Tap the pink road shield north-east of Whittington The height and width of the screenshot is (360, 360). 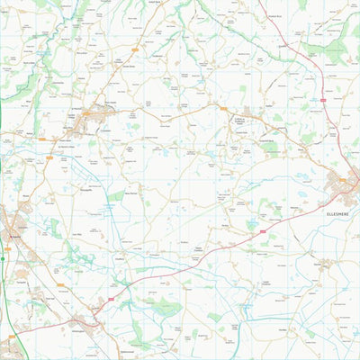[112, 297]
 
